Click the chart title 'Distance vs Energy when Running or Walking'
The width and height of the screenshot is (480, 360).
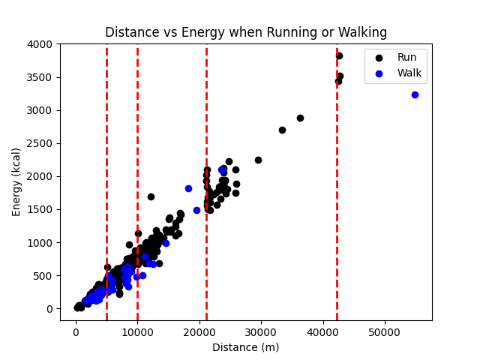point(246,33)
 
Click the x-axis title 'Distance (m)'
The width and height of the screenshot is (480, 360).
point(246,347)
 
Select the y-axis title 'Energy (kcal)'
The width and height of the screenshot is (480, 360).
point(16,182)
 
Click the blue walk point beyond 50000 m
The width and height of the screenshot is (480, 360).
point(415,94)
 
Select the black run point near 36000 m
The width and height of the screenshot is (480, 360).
point(300,118)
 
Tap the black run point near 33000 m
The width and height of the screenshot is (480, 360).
point(282,130)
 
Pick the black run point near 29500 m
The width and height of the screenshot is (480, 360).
point(258,160)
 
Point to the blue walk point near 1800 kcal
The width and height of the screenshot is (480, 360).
point(188,188)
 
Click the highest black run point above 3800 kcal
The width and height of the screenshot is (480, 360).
point(339,55)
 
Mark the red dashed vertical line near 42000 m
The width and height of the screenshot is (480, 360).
point(337,187)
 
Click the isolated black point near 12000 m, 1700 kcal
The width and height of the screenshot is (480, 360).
point(151,196)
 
